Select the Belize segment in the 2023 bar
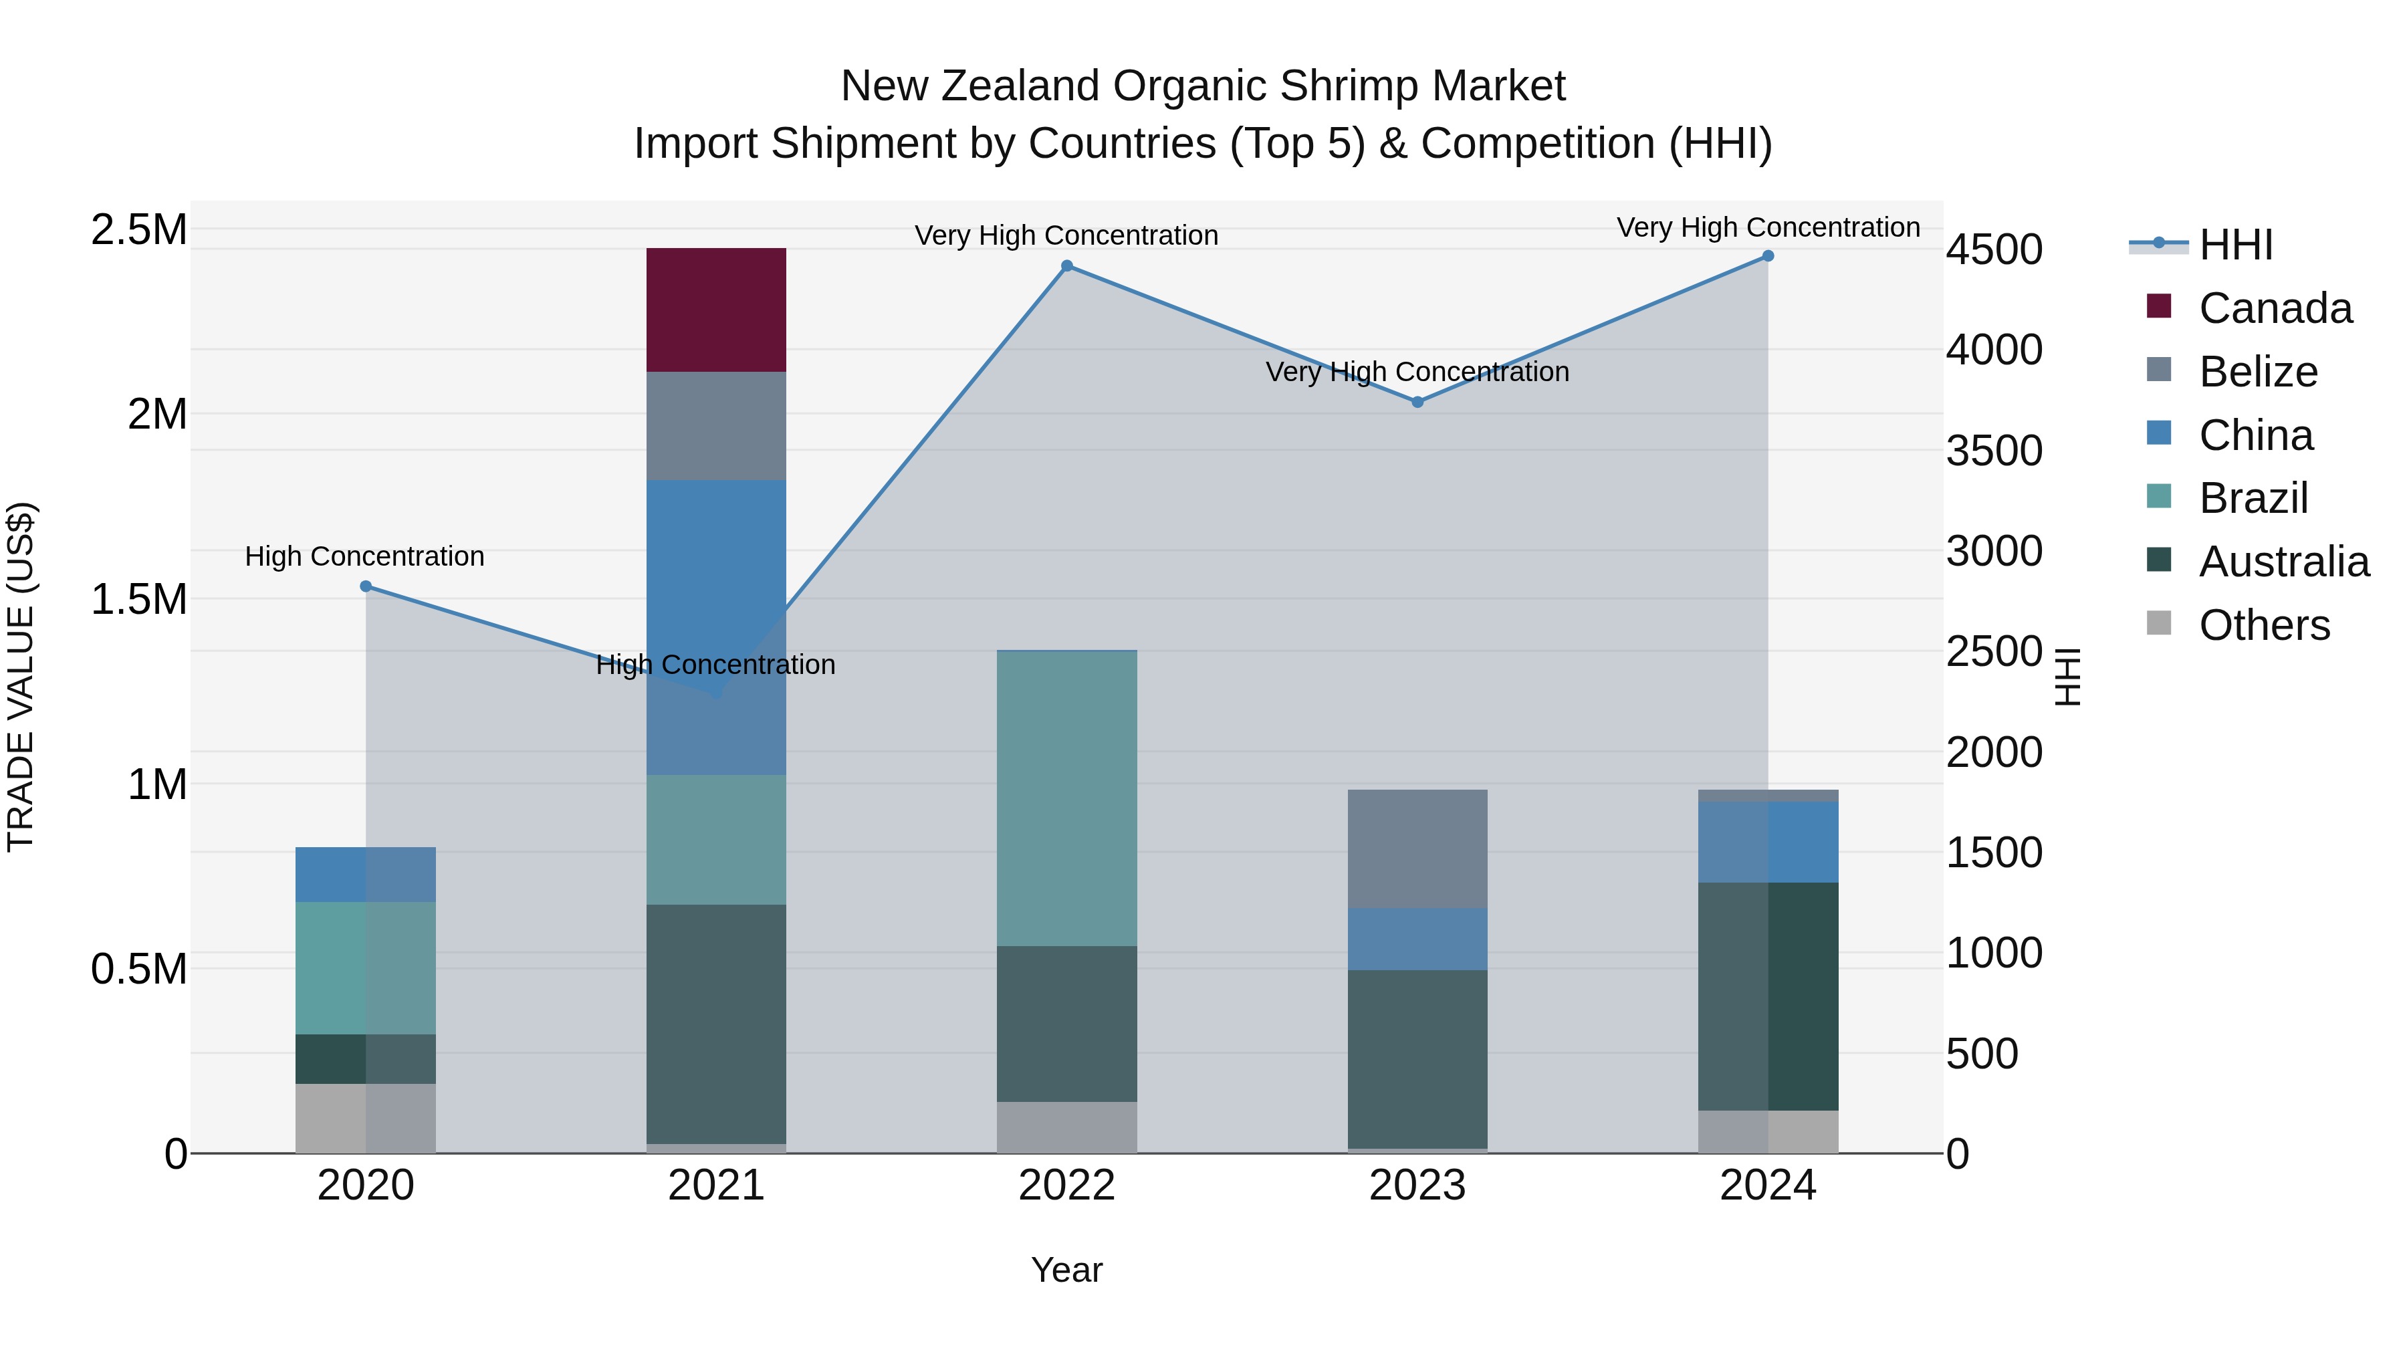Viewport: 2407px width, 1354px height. click(1417, 849)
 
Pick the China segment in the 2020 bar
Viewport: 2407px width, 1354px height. click(364, 875)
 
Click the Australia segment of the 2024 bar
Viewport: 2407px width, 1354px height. click(1767, 996)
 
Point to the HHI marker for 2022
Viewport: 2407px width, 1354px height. click(1067, 266)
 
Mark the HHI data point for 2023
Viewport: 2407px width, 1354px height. click(1417, 402)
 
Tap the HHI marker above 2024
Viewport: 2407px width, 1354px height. click(1767, 256)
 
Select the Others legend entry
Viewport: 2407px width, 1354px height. click(2263, 625)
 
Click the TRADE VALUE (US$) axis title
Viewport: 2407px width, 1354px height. click(21, 677)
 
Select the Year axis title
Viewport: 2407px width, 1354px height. click(1066, 1270)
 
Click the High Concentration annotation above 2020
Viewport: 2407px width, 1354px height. click(364, 556)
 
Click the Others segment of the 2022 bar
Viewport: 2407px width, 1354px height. click(1066, 1127)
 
